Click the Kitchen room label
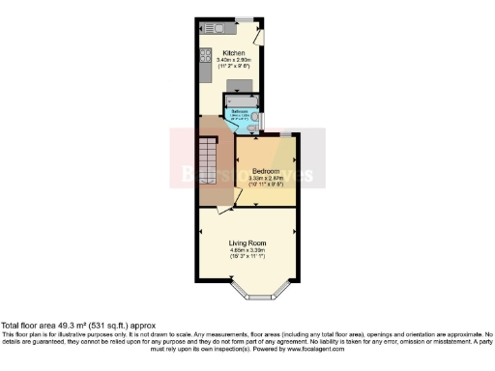234,52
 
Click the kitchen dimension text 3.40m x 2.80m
234,60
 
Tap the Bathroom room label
237,112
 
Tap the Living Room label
247,243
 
